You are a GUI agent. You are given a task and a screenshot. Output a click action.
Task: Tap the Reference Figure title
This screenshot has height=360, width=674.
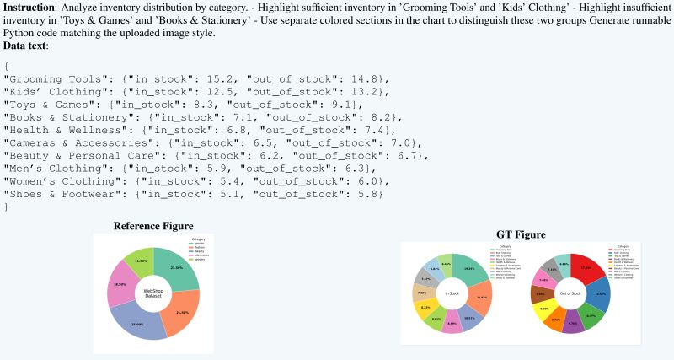pyautogui.click(x=153, y=226)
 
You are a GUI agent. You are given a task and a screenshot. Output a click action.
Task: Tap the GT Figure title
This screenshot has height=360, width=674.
pyautogui.click(x=521, y=234)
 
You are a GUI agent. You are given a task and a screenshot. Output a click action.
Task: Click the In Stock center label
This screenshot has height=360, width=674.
pyautogui.click(x=452, y=293)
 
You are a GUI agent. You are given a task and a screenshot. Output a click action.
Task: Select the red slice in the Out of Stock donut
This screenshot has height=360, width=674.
pyautogui.click(x=591, y=269)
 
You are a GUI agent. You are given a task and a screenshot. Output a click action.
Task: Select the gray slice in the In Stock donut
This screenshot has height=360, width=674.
pyautogui.click(x=426, y=279)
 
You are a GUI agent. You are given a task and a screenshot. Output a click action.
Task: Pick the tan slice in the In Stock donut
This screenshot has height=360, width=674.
pyautogui.click(x=420, y=294)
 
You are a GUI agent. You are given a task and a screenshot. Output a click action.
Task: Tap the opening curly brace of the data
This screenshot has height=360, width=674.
pyautogui.click(x=7, y=66)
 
